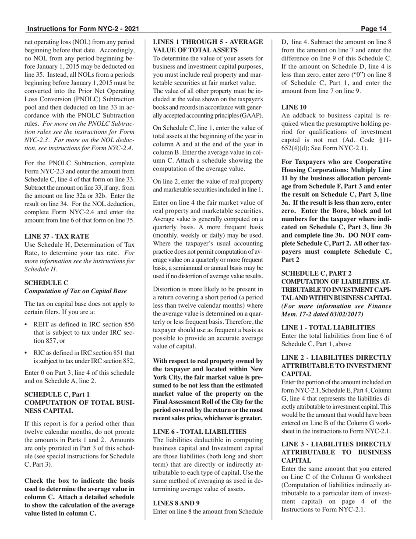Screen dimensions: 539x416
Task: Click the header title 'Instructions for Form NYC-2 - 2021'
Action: pos(83,29)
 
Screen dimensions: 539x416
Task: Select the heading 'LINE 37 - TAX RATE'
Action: pos(56,236)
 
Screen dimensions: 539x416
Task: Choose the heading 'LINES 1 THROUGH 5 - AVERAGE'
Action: pos(208,42)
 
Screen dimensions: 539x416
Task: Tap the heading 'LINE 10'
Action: pos(294,107)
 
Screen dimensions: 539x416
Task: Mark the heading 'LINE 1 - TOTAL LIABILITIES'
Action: pos(328,327)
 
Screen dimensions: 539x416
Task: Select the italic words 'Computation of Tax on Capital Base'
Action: pos(75,291)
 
